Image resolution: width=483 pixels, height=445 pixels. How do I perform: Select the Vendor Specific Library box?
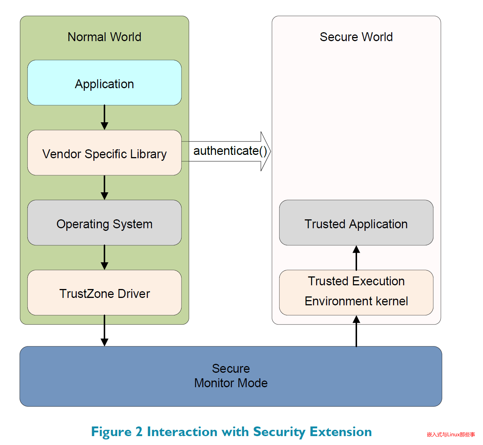pyautogui.click(x=104, y=153)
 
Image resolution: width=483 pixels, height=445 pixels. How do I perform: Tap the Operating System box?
pyautogui.click(x=104, y=223)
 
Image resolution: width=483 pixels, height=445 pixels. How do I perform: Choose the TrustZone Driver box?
pyautogui.click(x=104, y=293)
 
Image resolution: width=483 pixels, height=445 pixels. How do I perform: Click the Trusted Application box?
pyautogui.click(x=356, y=223)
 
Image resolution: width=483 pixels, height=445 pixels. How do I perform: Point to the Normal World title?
pyautogui.click(x=104, y=37)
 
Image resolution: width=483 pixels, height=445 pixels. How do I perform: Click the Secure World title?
pyautogui.click(x=356, y=37)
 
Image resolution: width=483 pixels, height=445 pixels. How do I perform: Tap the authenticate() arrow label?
pyautogui.click(x=230, y=151)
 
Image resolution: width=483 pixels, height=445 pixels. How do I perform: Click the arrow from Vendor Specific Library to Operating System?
pyautogui.click(x=104, y=188)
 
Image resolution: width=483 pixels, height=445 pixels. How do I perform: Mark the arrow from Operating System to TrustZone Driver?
pyautogui.click(x=104, y=258)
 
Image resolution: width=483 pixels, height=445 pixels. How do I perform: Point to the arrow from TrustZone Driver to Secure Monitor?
pyautogui.click(x=104, y=331)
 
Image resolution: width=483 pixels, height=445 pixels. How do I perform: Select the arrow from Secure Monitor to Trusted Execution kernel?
pyautogui.click(x=356, y=331)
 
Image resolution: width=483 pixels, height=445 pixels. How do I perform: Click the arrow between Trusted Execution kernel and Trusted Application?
pyautogui.click(x=356, y=258)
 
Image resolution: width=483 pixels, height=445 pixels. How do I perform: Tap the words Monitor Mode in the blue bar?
pyautogui.click(x=231, y=383)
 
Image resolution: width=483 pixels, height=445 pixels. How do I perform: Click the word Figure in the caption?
pyautogui.click(x=111, y=432)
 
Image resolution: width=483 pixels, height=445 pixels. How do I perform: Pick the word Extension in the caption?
pyautogui.click(x=340, y=432)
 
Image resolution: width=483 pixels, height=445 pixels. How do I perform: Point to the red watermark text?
pyautogui.click(x=451, y=435)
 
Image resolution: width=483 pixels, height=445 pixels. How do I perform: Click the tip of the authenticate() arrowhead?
pyautogui.click(x=270, y=151)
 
